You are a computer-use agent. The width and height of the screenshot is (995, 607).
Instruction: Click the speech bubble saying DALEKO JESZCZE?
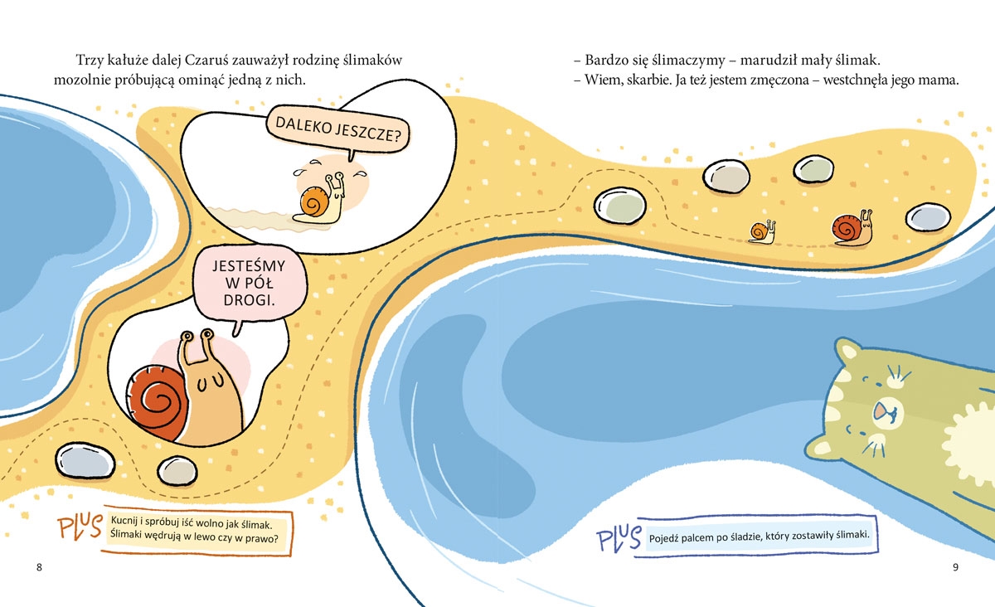coord(337,129)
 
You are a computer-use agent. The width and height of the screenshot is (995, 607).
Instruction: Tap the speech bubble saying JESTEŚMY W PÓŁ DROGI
coord(250,284)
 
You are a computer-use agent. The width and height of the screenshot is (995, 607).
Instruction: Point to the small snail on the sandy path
coord(762,231)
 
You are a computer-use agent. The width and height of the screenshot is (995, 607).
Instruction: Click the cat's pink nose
coord(880,410)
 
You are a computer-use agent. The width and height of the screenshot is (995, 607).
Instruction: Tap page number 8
coord(39,567)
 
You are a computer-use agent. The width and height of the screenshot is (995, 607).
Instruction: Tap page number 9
coord(955,567)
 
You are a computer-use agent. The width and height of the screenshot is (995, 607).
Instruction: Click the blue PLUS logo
coord(619,538)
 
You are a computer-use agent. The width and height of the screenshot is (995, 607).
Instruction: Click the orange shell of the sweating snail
coord(314,202)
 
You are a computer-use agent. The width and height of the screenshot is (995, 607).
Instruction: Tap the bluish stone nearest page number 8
coord(85,461)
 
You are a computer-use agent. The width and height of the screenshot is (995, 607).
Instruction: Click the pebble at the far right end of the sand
coord(929,217)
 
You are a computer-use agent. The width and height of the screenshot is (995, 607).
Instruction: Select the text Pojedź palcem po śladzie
coord(710,537)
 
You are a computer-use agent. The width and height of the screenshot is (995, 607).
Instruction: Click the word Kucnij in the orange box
coord(123,521)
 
